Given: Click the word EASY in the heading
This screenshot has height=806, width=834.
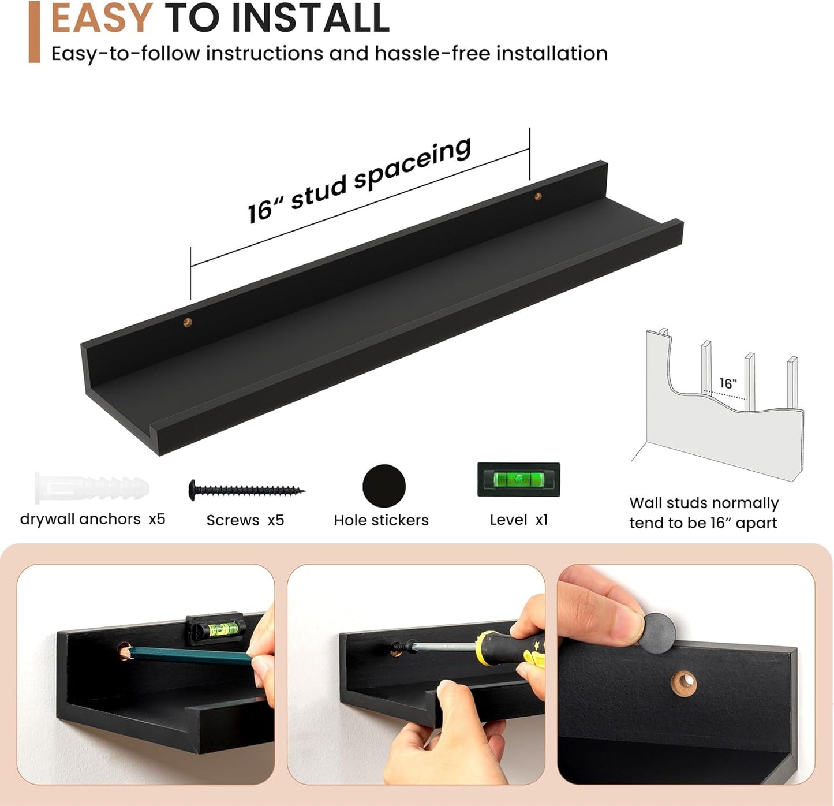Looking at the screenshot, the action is [102, 17].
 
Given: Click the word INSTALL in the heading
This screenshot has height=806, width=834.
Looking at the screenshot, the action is [311, 17].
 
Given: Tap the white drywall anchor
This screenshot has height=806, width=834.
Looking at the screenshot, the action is [92, 487].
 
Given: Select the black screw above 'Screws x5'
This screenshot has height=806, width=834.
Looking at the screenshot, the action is [246, 490].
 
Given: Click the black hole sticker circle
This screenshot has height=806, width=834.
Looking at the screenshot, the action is [384, 486].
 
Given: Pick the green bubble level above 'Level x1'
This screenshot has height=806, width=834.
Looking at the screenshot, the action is [518, 479].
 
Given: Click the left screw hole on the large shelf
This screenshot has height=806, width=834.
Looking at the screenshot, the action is [187, 322].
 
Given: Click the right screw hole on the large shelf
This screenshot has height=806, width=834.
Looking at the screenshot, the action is [537, 196].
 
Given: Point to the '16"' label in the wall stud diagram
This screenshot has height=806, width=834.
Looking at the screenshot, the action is [728, 383].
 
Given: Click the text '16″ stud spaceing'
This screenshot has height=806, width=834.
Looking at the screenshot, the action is [359, 180].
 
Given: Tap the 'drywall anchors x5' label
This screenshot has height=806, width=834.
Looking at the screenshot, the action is [92, 519].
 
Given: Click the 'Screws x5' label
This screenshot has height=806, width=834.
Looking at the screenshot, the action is [245, 520].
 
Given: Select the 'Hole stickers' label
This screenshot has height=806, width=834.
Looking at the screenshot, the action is [381, 520].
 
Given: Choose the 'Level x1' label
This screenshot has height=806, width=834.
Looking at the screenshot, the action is [518, 520].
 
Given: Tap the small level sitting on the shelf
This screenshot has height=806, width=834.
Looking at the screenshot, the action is [216, 629].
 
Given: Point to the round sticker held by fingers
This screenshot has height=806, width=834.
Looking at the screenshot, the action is [657, 633].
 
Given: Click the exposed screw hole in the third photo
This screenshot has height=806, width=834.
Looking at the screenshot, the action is [683, 684].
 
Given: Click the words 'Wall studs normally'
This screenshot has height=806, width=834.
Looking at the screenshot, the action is [704, 503].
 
